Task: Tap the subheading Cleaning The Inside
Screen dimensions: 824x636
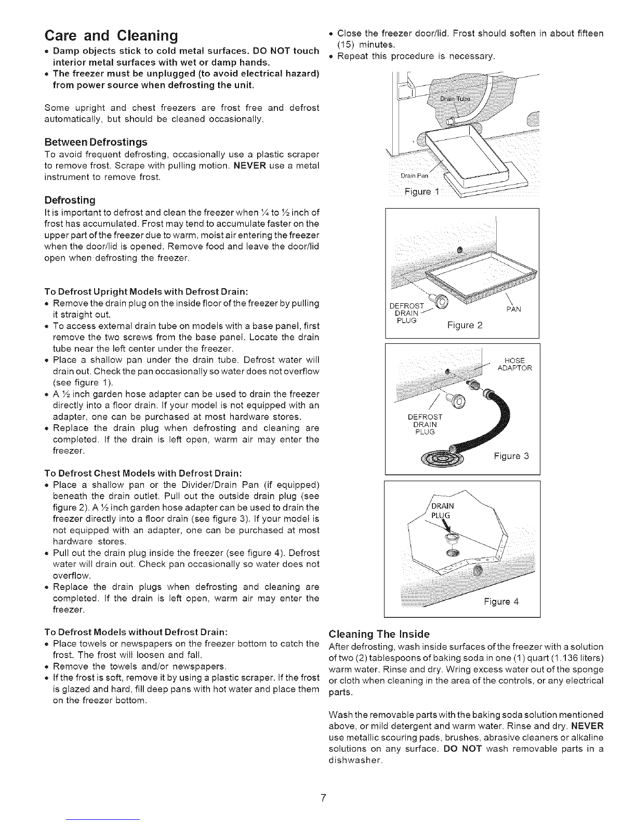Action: [x=379, y=634]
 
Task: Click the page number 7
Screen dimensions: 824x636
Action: [x=323, y=799]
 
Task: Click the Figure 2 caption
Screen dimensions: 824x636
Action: [x=465, y=326]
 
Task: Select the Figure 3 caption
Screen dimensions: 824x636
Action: [x=511, y=457]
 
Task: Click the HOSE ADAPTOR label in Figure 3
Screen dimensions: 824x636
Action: [x=514, y=364]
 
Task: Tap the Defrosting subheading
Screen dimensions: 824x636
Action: [x=70, y=200]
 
